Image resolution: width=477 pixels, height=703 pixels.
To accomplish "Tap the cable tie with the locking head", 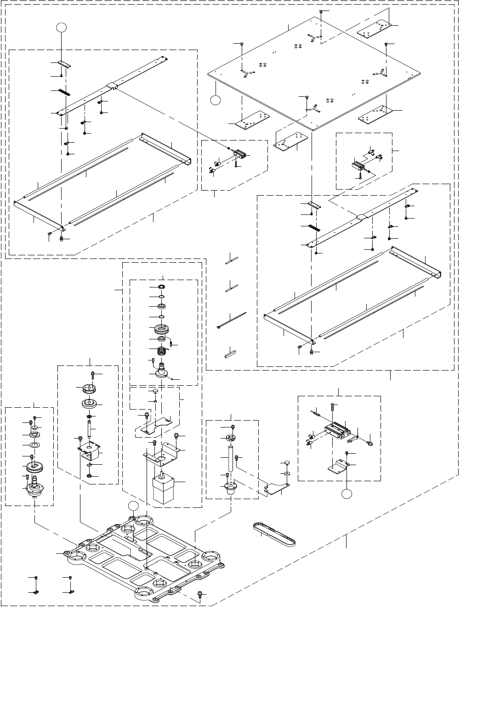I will [x=231, y=320].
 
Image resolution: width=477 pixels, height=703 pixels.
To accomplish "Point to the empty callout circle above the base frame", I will [x=133, y=506].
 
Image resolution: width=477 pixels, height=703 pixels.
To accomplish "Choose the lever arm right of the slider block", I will [x=354, y=440].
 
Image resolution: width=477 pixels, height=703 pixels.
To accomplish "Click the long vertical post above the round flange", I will [x=230, y=457].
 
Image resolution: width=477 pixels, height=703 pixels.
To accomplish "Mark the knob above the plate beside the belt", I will [x=285, y=461].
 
